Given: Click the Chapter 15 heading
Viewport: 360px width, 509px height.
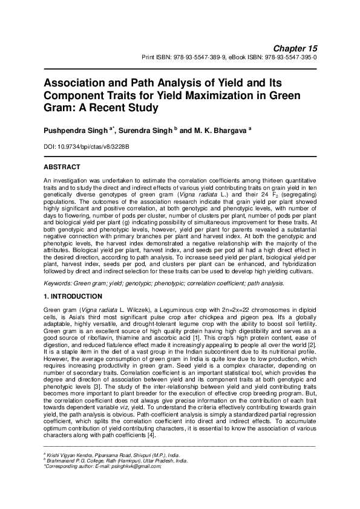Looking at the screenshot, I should [296, 48].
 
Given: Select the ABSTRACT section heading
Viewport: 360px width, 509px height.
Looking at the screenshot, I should [62, 166].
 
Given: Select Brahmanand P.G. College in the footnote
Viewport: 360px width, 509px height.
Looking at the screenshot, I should [74, 459].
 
